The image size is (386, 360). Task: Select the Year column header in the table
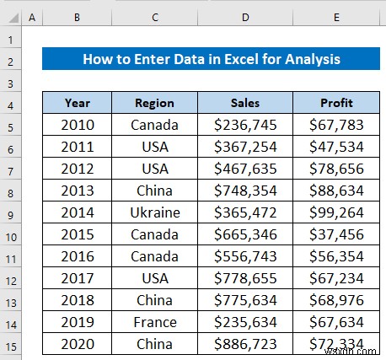[x=77, y=103]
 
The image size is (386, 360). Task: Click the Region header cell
[x=154, y=103]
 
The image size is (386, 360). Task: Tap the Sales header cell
[x=245, y=103]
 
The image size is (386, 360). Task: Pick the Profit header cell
[x=335, y=103]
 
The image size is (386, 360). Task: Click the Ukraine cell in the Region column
[x=154, y=212]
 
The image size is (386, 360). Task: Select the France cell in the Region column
[x=154, y=322]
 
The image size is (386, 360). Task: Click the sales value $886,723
[x=245, y=344]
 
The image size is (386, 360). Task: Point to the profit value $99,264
[x=335, y=212]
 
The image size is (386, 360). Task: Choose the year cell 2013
[x=77, y=191]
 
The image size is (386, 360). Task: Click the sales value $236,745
[x=245, y=125]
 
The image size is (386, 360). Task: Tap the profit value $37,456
[x=335, y=234]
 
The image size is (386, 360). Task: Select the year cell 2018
[x=77, y=300]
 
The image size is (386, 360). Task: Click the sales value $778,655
[x=245, y=278]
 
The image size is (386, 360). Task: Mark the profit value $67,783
[x=335, y=125]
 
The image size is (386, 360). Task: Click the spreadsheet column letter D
[x=245, y=17]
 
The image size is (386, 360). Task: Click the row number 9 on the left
[x=12, y=212]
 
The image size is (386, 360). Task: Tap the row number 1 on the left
[x=12, y=39]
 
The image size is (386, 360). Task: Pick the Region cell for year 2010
[x=154, y=125]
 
